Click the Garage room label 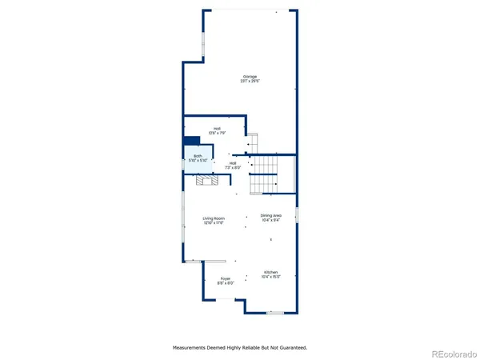239,76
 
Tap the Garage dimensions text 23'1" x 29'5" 239,81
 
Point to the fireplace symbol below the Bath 207,181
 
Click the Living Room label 213,218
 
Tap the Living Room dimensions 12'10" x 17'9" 213,223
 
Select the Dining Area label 271,215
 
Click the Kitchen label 270,273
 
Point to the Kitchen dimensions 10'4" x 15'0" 270,278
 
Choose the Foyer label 226,278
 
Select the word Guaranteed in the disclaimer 291,347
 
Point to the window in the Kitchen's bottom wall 275,313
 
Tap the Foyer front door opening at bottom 227,299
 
